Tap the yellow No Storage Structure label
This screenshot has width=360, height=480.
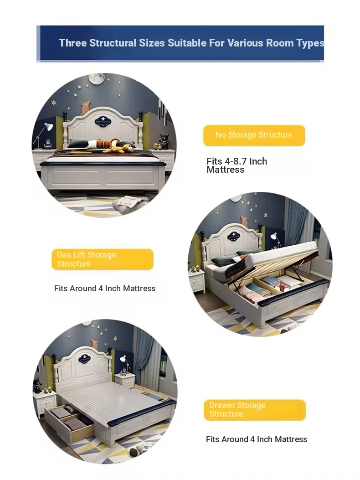pyautogui.click(x=254, y=135)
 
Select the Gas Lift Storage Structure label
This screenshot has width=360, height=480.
pyautogui.click(x=103, y=259)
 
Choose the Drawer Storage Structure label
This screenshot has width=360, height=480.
pyautogui.click(x=255, y=410)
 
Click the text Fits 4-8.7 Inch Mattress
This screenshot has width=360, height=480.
pyautogui.click(x=237, y=165)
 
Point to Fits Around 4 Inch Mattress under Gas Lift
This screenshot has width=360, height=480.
pyautogui.click(x=105, y=289)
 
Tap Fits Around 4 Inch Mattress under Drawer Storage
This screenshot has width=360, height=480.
pyautogui.click(x=256, y=439)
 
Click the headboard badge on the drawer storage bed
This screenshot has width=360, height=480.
pyautogui.click(x=84, y=358)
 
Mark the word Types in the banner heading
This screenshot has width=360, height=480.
pyautogui.click(x=310, y=43)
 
